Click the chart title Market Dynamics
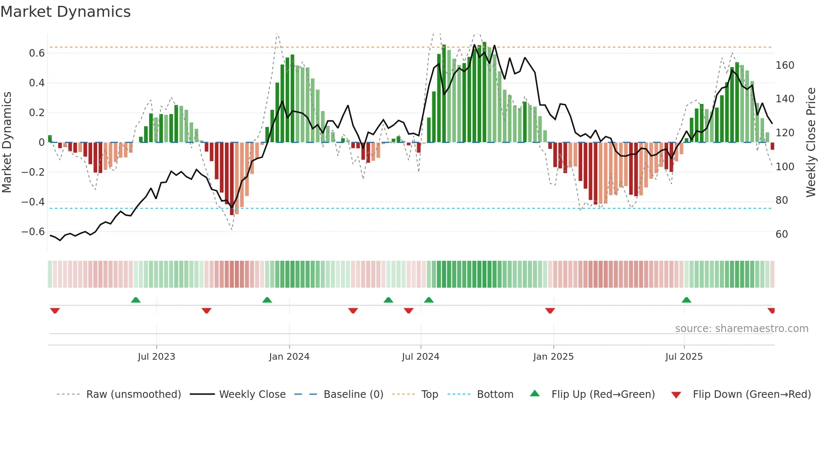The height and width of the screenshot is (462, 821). point(66,12)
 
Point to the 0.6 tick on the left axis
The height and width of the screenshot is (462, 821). point(36,53)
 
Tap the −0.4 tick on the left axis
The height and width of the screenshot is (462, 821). point(33,202)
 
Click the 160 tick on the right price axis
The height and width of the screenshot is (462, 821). point(785,65)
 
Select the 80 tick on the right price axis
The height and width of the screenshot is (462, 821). point(782,200)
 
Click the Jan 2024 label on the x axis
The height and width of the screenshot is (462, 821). point(289,357)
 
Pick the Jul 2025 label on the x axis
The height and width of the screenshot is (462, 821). point(684,357)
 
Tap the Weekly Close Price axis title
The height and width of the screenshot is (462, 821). point(811,143)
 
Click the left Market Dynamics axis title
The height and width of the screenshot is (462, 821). point(7,143)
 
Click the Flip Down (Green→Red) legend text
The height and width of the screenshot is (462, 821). point(751,395)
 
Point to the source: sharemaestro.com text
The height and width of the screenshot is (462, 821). point(741,329)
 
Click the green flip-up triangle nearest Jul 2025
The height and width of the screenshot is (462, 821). point(686,300)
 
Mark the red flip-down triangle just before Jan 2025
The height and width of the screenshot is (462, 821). point(550,311)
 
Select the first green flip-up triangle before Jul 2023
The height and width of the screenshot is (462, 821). point(136,300)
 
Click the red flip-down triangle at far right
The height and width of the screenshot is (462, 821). point(771,311)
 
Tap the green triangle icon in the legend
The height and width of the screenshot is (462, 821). point(535,394)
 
